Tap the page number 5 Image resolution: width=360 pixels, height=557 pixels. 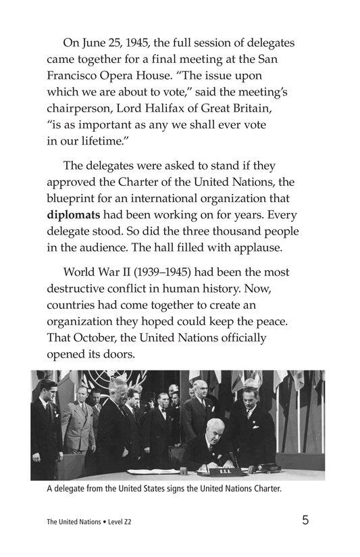click(306, 520)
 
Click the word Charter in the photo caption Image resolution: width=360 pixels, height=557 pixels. click(261, 490)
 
